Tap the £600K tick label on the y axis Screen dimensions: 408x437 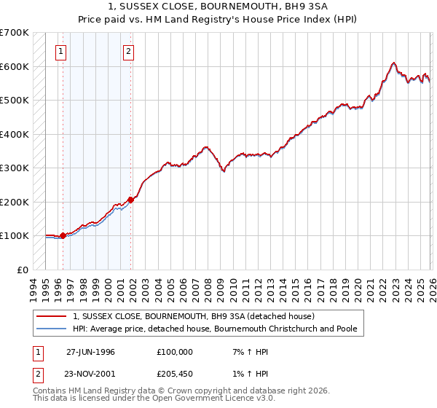pos(14,66)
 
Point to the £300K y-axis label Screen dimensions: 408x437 pos(14,168)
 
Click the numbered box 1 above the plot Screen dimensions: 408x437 pos(60,51)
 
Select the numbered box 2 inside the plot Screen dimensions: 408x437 pos(129,51)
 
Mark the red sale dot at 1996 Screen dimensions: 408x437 pos(63,235)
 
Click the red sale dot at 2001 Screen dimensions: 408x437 pos(131,200)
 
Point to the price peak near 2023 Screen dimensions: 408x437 pos(393,63)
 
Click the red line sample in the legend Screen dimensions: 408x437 pos(52,317)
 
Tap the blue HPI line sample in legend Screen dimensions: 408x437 pos(52,329)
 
